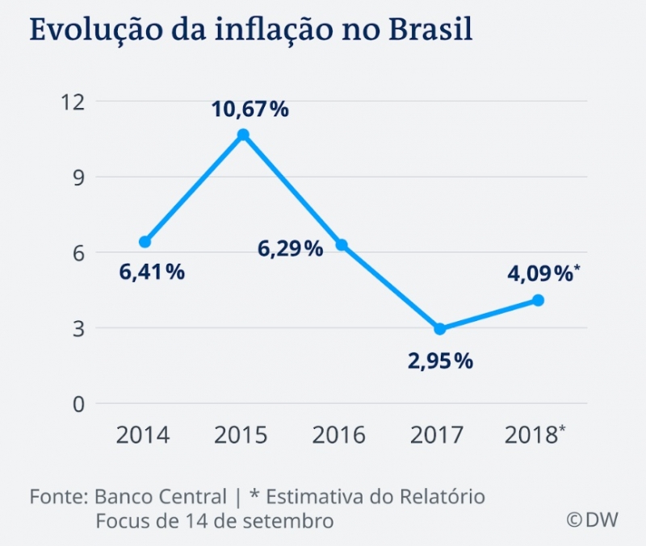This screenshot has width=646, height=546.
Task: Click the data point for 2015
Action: click(243, 135)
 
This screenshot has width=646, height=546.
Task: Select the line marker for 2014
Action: click(145, 242)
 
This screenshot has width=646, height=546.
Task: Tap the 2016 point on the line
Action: click(342, 245)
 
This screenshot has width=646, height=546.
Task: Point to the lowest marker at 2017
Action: click(440, 329)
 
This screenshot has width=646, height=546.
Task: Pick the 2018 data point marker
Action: click(539, 300)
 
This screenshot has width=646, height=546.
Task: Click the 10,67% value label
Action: click(250, 109)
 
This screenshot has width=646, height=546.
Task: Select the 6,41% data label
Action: click(151, 273)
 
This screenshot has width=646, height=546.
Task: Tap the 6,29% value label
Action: click(290, 248)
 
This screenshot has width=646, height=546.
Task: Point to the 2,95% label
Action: click(440, 361)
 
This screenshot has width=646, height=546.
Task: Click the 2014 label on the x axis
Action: click(143, 436)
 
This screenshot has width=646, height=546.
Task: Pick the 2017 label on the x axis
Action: click(438, 436)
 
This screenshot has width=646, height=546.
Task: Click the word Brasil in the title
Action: click(430, 29)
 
